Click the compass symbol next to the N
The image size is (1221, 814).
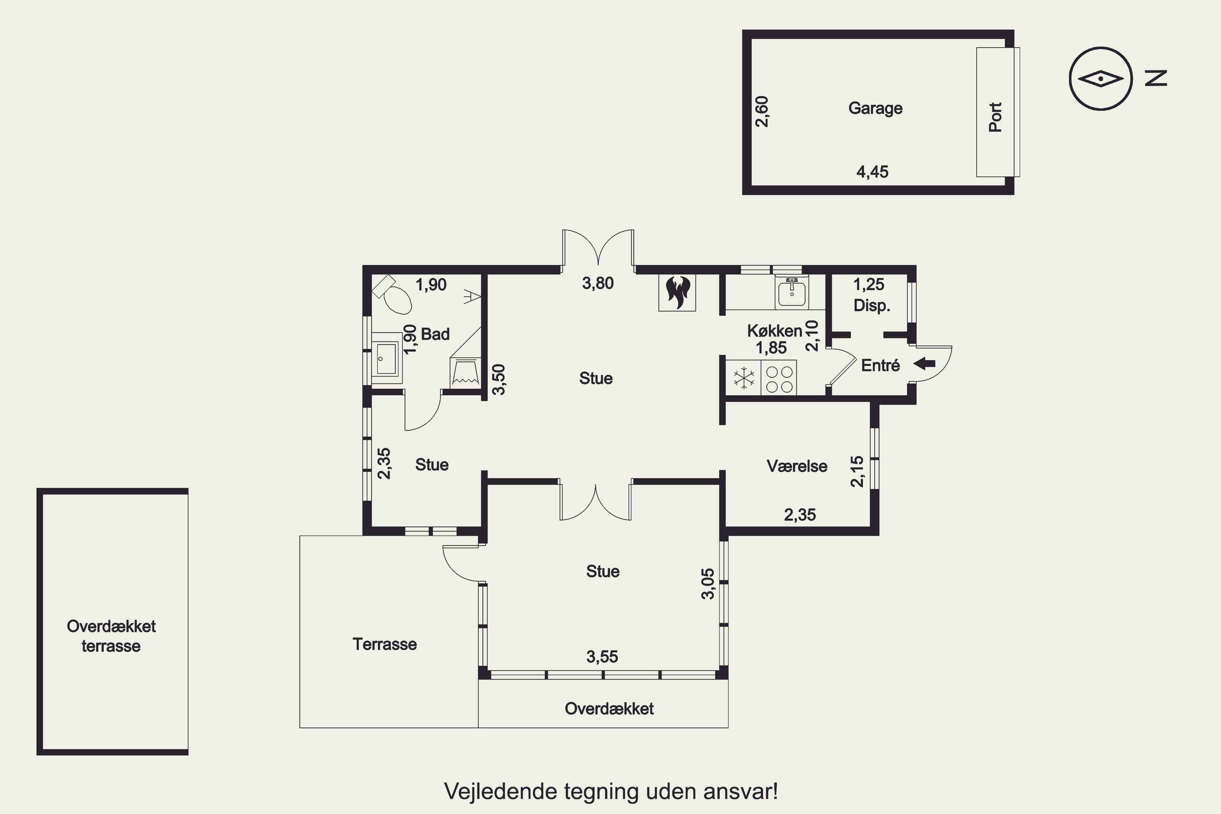click(x=1101, y=79)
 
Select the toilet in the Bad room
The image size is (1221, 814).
click(x=393, y=294)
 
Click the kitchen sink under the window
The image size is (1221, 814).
click(x=792, y=292)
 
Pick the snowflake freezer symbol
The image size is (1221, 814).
click(x=744, y=378)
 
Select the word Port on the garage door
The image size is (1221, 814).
click(x=995, y=117)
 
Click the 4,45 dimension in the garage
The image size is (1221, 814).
click(x=872, y=171)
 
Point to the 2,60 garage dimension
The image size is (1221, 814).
click(x=761, y=112)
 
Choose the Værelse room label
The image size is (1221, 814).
click(x=797, y=466)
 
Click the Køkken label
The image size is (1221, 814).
click(x=775, y=330)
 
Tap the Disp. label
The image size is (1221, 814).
click(x=872, y=305)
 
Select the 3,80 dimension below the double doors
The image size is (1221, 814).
click(x=597, y=283)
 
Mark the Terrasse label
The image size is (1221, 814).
click(x=385, y=644)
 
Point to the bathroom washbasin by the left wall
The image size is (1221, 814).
click(x=386, y=358)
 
